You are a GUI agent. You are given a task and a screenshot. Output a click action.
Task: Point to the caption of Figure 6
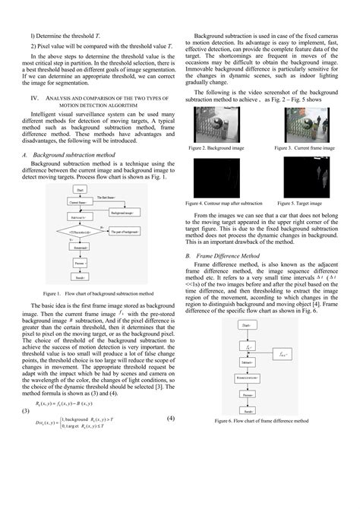(261, 420)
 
